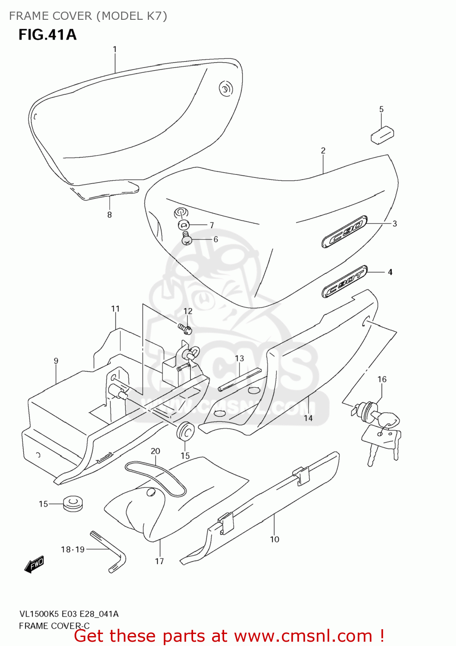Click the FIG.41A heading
coord(47,34)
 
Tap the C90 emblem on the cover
coord(344,232)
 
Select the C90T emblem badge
coord(344,282)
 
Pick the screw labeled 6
coord(187,239)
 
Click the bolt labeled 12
coord(185,329)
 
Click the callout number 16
coord(382,379)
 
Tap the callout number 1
coord(115,50)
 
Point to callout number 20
coord(155,451)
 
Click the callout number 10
coord(275,539)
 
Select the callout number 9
coord(56,361)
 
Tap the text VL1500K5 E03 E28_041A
coord(69,614)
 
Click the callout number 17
coord(159,561)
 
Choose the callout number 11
coord(115,309)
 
